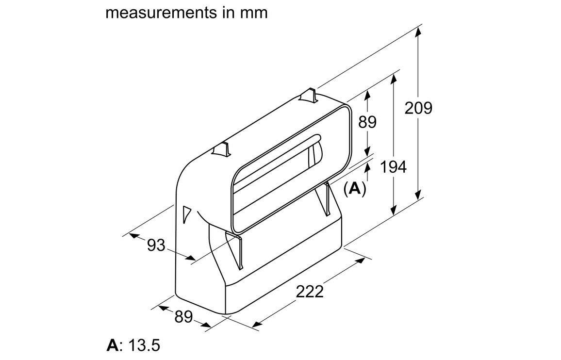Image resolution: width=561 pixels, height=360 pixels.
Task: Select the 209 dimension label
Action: pyautogui.click(x=418, y=108)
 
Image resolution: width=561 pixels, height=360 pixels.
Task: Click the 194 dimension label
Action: pyautogui.click(x=393, y=167)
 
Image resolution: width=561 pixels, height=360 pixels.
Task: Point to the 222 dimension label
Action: pyautogui.click(x=310, y=292)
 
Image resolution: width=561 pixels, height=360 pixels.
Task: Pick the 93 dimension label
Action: pyautogui.click(x=156, y=245)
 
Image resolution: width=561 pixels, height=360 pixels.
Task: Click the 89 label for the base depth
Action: pyautogui.click(x=183, y=316)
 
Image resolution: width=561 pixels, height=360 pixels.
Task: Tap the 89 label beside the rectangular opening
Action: pyautogui.click(x=367, y=122)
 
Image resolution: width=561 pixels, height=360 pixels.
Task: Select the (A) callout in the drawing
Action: pyautogui.click(x=355, y=188)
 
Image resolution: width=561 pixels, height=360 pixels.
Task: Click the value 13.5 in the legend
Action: pyautogui.click(x=144, y=345)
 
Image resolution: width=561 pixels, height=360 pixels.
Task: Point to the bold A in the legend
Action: pyautogui.click(x=112, y=345)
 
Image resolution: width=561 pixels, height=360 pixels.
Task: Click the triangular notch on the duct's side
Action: pyautogui.click(x=186, y=214)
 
